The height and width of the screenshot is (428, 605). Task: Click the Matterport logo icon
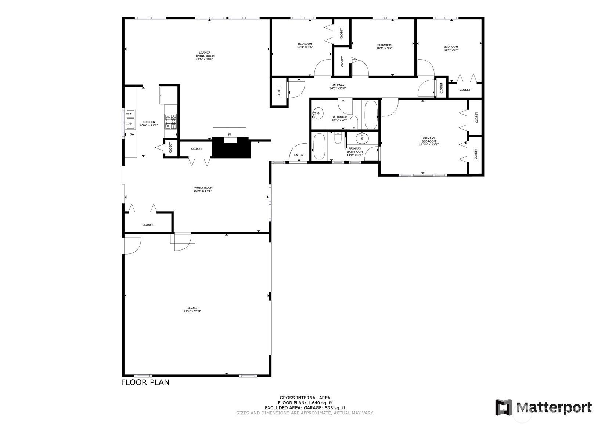point(504,407)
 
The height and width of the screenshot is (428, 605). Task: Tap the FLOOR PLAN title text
point(145,382)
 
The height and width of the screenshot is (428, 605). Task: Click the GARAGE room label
point(192,308)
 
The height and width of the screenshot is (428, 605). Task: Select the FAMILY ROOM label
point(203,188)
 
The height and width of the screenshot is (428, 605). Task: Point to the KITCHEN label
point(149,122)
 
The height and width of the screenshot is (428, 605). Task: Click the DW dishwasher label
point(132,134)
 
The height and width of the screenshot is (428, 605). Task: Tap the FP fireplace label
point(230,134)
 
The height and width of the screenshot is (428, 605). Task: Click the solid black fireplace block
point(231,148)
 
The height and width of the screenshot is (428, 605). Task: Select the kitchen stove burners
point(171,122)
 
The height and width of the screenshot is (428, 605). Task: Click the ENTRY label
point(299,155)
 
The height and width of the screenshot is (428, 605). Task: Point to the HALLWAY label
point(338,85)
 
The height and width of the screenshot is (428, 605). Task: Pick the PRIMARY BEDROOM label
point(429,140)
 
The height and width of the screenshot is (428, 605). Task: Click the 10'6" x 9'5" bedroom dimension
point(451,50)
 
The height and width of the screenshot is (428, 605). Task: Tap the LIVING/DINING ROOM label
point(205,54)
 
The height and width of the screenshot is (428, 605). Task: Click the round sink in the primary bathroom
point(362,139)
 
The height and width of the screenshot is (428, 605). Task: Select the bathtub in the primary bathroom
point(319,147)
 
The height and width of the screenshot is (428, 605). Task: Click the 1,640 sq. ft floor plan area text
point(320,403)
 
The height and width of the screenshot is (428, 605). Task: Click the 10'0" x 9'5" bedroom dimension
point(305,47)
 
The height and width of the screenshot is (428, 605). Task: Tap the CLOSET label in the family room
point(148,225)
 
